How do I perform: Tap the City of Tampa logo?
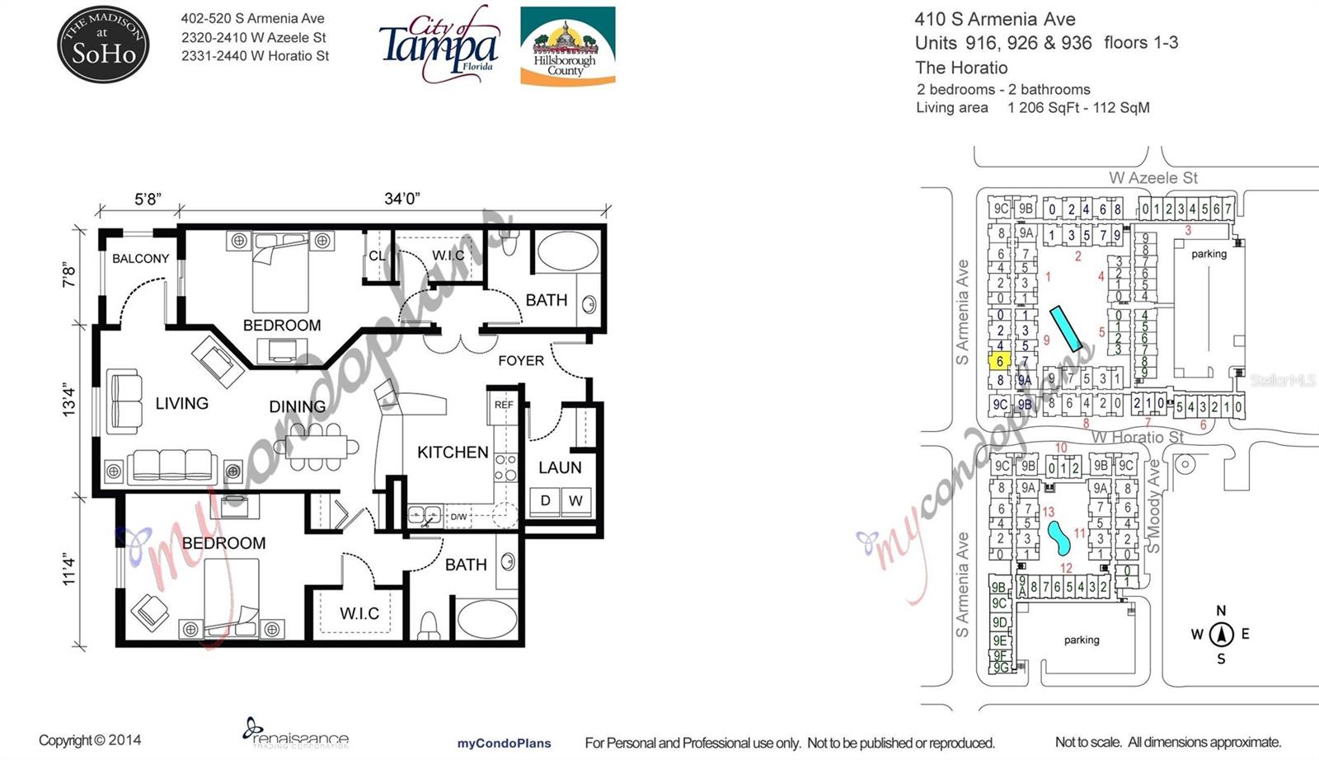pos(439,43)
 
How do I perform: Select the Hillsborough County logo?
pos(567,46)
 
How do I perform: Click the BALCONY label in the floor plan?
pos(140,258)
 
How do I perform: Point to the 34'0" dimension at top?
pos(401,199)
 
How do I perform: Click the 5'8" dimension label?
pos(148,199)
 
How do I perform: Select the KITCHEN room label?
pos(453,452)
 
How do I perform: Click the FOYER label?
pos(521,360)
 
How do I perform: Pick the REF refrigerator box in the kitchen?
pos(504,405)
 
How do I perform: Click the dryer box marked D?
pos(545,500)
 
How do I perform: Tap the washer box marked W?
pos(575,500)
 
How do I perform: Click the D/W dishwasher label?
pos(458,517)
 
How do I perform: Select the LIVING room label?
pos(181,403)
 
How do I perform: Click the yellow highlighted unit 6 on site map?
pos(1000,361)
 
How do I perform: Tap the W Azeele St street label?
pos(1152,177)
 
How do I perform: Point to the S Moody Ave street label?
pos(1154,506)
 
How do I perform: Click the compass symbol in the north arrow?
pos(1221,635)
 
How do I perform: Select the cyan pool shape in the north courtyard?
pos(1065,327)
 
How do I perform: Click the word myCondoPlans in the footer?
pos(504,743)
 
